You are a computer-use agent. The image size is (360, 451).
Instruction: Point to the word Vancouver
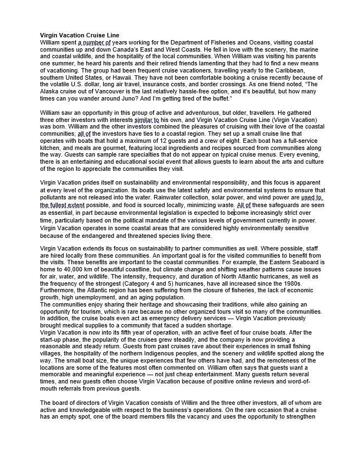[x=123, y=92]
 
